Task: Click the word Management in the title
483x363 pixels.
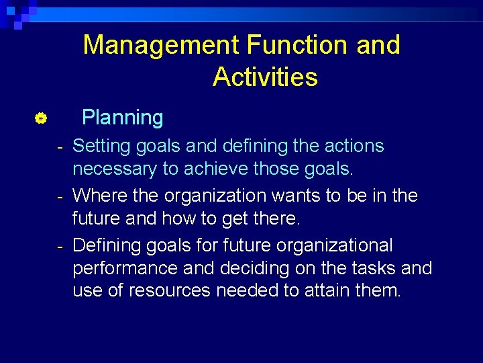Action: (162, 46)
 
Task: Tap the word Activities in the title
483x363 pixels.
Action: (265, 77)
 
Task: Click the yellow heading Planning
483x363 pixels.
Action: (122, 118)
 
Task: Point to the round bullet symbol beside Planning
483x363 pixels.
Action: (40, 119)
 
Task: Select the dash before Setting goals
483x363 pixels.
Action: (60, 147)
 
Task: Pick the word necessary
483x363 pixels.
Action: (115, 169)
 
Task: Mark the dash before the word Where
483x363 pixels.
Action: (60, 196)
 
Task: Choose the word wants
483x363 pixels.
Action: (298, 196)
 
